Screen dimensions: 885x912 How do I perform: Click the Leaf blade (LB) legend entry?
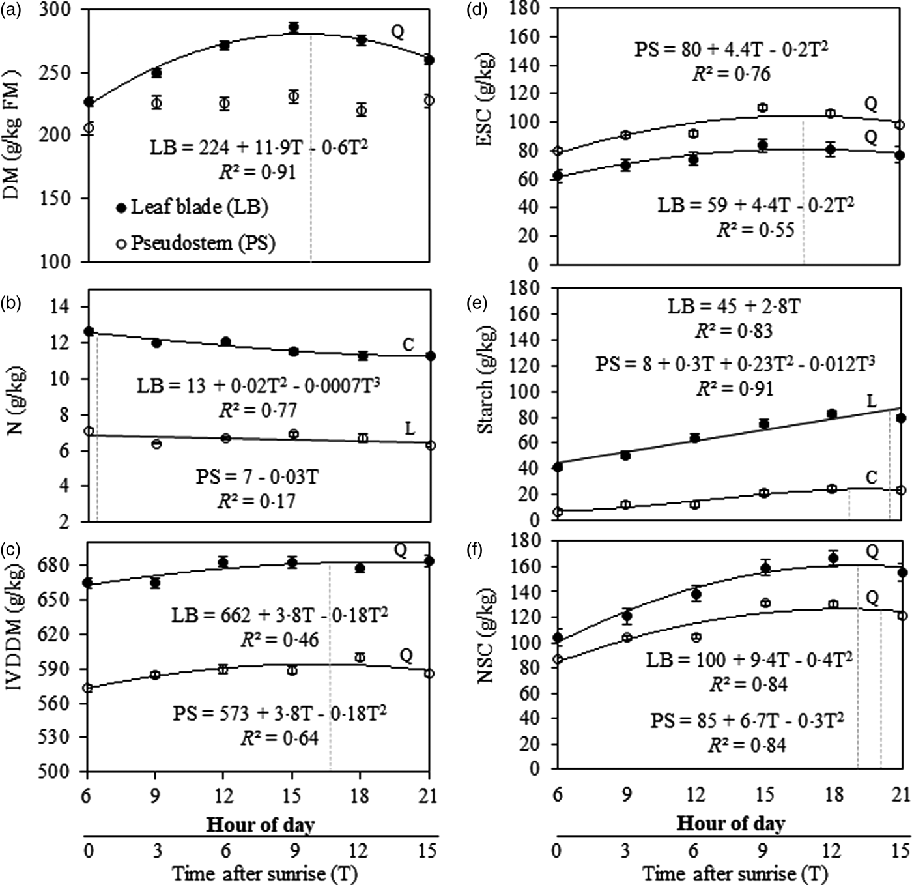click(192, 207)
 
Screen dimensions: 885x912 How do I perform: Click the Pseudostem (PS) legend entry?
click(195, 243)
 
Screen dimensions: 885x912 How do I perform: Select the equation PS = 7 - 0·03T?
click(257, 476)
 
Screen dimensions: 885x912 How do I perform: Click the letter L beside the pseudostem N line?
click(409, 428)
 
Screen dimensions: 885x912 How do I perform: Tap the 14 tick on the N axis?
click(66, 306)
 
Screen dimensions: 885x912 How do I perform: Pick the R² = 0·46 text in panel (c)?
click(279, 639)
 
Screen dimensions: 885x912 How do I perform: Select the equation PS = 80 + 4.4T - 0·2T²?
click(732, 50)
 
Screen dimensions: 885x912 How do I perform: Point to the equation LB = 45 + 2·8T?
click(734, 306)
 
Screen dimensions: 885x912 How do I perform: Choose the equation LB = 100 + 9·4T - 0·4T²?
click(749, 660)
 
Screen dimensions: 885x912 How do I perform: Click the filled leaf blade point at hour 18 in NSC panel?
click(833, 558)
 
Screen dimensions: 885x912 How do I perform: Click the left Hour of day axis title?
click(260, 824)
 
